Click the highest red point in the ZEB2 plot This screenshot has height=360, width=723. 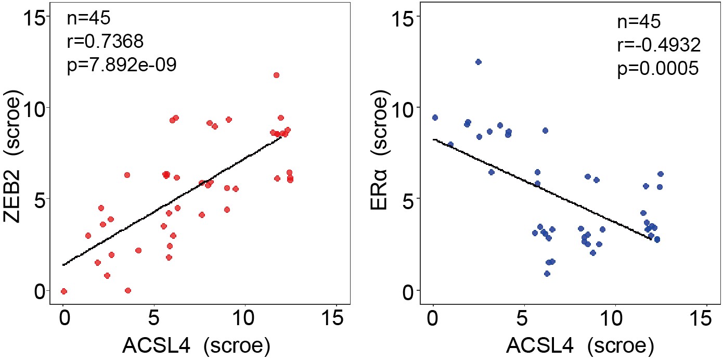(276, 75)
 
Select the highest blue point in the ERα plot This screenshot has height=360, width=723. (479, 62)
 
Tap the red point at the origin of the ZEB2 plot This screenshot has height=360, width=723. (63, 291)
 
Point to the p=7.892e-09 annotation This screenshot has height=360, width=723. (122, 65)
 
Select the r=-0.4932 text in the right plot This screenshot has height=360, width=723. (659, 45)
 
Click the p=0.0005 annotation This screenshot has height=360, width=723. (657, 69)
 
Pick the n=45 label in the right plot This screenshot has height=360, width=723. (639, 22)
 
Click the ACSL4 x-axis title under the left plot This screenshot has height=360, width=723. (196, 346)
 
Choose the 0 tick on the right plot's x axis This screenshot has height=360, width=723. (433, 319)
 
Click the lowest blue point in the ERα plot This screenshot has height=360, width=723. (547, 274)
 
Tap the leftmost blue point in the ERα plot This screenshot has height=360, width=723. (435, 118)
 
